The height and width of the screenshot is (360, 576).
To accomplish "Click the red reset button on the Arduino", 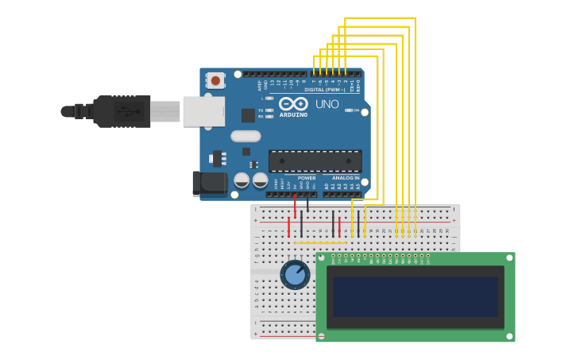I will point(215,80).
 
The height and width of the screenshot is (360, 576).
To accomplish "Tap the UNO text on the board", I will point(327,104).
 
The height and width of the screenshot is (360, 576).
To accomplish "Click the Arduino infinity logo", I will point(293,103).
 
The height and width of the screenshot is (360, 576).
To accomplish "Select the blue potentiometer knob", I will point(295,275).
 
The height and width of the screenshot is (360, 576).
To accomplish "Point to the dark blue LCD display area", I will point(415,296).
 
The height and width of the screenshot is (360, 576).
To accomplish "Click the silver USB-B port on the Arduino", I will point(203,111).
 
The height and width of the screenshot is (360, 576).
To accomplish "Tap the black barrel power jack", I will point(210,184).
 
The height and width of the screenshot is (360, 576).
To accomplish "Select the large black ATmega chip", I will point(315,161).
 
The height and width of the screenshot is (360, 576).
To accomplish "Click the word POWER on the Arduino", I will point(307,178).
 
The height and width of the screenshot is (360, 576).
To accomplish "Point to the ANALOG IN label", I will point(346,178).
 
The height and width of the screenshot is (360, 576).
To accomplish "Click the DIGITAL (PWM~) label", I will point(325,90).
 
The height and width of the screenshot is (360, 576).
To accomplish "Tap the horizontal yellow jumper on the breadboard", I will point(320,243).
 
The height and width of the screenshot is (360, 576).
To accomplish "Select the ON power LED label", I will point(355,110).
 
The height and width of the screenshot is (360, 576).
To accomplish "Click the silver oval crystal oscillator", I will point(245,136).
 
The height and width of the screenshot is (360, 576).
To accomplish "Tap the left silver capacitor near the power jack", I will point(242,180).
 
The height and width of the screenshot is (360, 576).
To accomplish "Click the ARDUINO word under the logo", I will point(293,115).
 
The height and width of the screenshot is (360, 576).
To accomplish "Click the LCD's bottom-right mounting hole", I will point(508,336).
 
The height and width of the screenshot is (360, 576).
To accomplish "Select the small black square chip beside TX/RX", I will point(248,115).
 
